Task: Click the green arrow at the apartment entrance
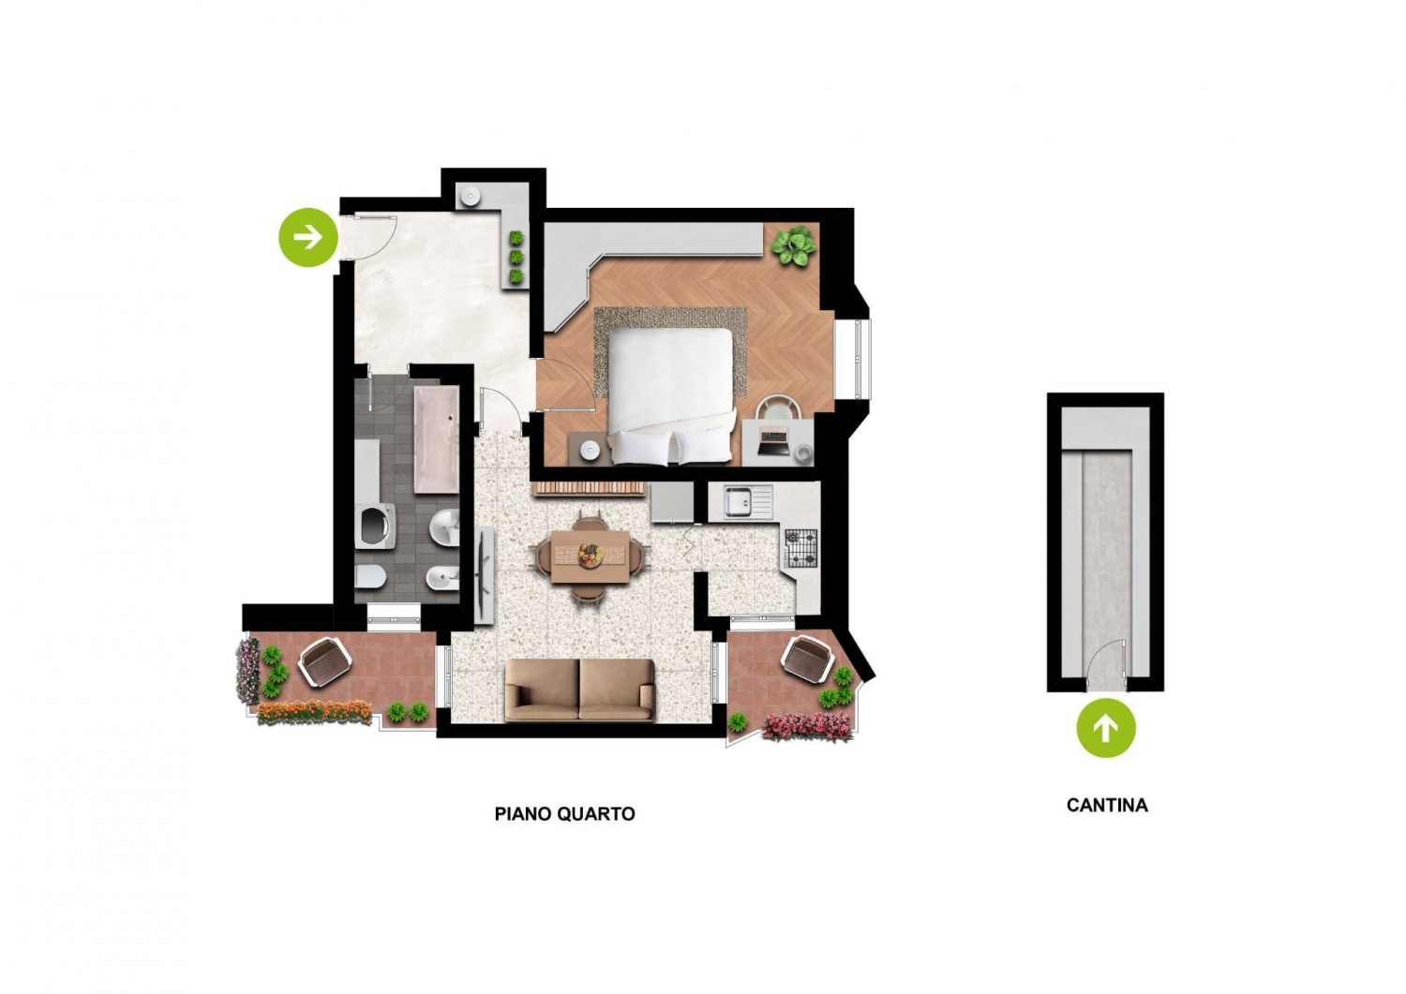[308, 237]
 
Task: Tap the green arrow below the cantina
[1106, 727]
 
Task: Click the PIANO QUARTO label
[565, 814]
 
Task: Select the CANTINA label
[1107, 805]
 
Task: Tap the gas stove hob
[801, 548]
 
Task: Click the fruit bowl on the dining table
[590, 554]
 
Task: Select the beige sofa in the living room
[579, 690]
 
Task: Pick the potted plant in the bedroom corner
[794, 246]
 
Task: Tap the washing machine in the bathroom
[375, 527]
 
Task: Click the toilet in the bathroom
[370, 575]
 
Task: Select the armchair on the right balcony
[808, 660]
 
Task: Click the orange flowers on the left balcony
[314, 712]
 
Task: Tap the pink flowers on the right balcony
[807, 726]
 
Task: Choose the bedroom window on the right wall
[858, 358]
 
